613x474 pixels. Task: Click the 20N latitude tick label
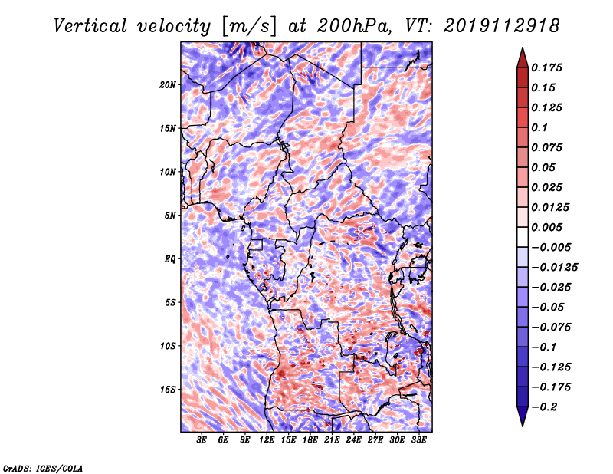coord(168,84)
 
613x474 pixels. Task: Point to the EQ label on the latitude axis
coord(169,258)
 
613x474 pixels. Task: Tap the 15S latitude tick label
coord(168,389)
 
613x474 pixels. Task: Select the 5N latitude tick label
coord(170,215)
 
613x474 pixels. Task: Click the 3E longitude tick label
coord(202,440)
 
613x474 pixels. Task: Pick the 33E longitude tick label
coord(418,440)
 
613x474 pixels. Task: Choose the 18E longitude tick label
coord(310,440)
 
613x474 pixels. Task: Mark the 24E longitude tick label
coord(354,440)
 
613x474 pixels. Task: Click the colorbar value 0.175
coord(549,67)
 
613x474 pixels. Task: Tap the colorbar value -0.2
coord(547,407)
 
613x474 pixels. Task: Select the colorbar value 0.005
coord(549,227)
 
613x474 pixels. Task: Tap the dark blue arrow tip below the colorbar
coord(521,420)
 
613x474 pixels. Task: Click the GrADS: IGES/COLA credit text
coord(43,467)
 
